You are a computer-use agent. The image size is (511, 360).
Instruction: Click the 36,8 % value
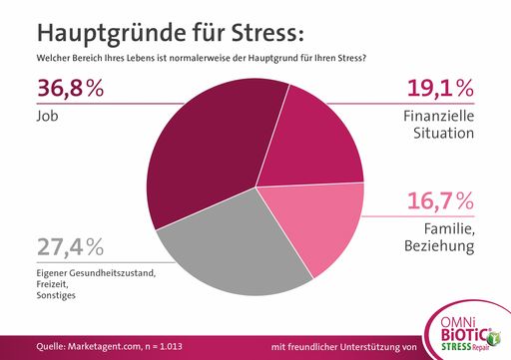(70, 90)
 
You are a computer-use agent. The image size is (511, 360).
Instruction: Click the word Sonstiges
(57, 296)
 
